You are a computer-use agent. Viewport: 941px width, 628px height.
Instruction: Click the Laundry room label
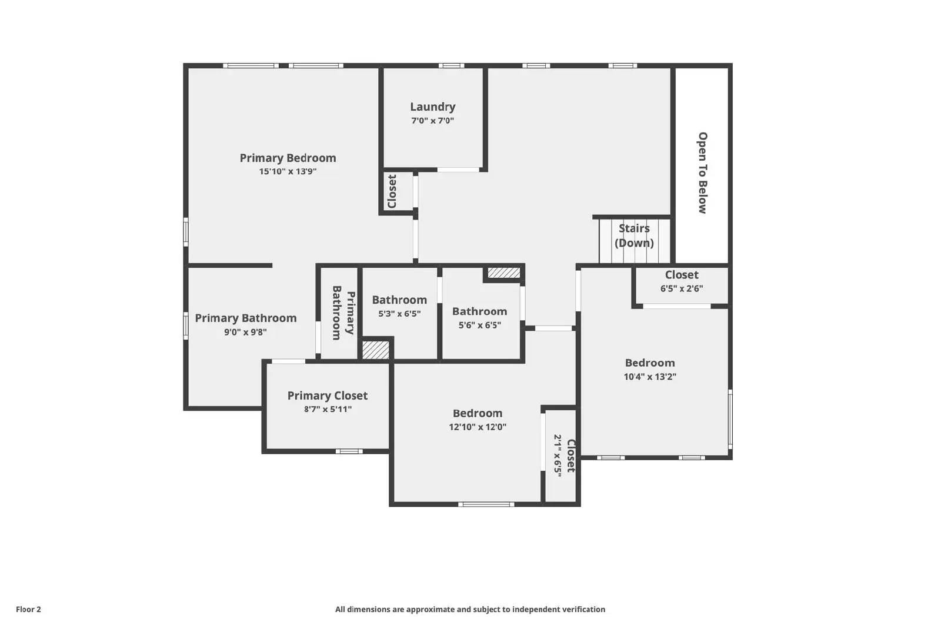432,107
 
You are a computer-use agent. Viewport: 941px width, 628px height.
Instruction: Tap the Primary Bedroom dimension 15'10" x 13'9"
288,172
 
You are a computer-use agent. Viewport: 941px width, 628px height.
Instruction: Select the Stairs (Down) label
634,235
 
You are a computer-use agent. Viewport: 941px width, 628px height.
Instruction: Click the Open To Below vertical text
702,172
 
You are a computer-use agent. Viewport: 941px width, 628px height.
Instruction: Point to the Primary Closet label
327,396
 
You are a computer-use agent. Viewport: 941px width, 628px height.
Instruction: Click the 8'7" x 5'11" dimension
328,410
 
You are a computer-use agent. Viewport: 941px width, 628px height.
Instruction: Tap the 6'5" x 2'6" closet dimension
681,289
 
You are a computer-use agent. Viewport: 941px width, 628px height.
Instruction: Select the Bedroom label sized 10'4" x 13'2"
649,363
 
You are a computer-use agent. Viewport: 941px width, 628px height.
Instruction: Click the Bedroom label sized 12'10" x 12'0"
477,414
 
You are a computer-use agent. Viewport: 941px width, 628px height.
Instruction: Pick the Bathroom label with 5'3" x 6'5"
399,300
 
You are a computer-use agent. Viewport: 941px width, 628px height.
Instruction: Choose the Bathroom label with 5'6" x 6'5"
479,312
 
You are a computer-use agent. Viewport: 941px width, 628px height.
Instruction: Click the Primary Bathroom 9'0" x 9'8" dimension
245,332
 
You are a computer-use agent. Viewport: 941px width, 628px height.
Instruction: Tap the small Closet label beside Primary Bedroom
392,191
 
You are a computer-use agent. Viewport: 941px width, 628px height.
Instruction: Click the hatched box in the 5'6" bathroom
504,273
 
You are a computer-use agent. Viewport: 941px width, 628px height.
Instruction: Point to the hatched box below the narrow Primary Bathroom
375,350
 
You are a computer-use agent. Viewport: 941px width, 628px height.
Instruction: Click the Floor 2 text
28,610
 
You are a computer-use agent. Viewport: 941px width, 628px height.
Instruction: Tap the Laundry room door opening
458,170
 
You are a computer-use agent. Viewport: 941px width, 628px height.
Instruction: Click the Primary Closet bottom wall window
349,451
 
